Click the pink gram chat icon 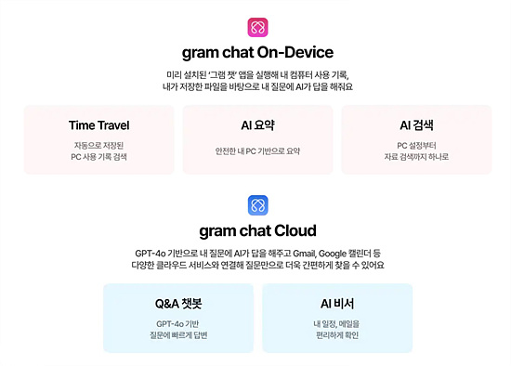pos(257,27)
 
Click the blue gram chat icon pos(257,204)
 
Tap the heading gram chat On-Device pos(257,52)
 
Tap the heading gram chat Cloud pos(257,230)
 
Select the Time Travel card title pos(98,124)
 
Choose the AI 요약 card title pos(257,124)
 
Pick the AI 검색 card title pos(416,124)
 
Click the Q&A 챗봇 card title pos(177,303)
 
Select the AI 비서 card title pos(336,303)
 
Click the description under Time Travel pos(98,150)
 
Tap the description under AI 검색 pos(416,150)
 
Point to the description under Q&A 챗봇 pos(177,329)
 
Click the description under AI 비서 pos(336,329)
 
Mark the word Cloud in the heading pos(294,230)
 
